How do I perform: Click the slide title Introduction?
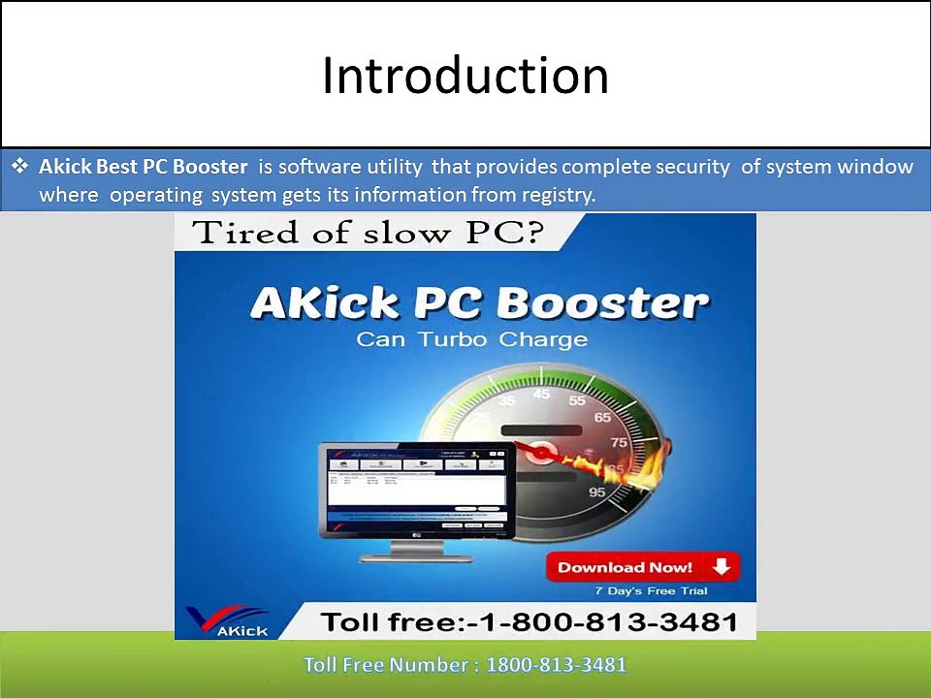[465, 77]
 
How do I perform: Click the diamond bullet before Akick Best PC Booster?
[19, 167]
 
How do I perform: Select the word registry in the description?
[557, 195]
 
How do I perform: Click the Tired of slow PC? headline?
[367, 233]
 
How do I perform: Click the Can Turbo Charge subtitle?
[471, 339]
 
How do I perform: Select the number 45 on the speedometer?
[542, 394]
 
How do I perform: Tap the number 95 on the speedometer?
[596, 492]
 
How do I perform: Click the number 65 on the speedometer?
[602, 417]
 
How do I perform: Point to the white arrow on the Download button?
[720, 567]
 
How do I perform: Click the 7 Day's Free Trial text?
[651, 590]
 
